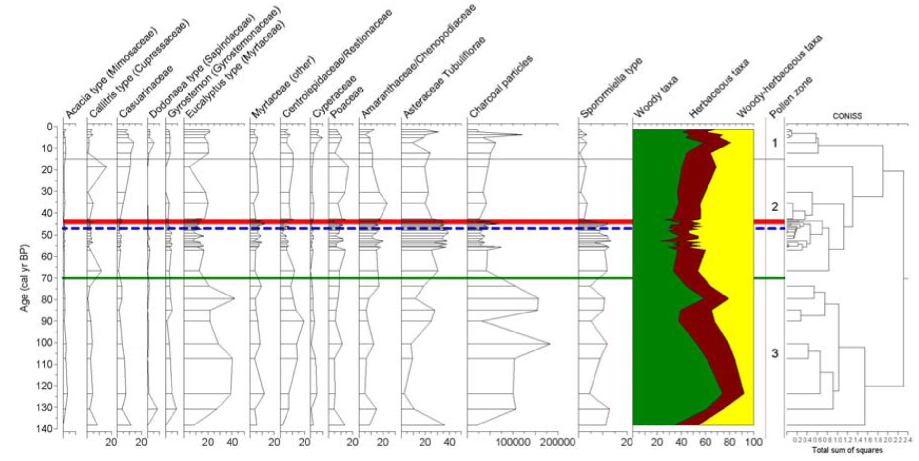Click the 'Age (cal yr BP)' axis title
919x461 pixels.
(x=24, y=278)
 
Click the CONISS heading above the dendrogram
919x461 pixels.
(x=847, y=116)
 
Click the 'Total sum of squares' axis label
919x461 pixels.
(x=847, y=450)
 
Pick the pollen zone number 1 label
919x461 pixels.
(x=775, y=143)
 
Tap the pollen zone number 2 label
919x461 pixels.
(x=775, y=207)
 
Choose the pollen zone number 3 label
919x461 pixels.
(x=775, y=354)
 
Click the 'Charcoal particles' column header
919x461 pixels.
(x=501, y=87)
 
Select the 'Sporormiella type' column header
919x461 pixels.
(x=612, y=88)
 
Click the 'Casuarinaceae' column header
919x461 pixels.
(x=146, y=92)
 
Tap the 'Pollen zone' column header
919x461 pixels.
(x=791, y=97)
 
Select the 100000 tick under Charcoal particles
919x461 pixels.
(x=513, y=443)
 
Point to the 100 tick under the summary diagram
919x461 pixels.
(x=753, y=443)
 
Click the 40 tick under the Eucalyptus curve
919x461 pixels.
(x=232, y=443)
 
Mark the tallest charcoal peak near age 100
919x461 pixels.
(x=550, y=344)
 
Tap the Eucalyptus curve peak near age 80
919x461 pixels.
(x=234, y=298)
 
